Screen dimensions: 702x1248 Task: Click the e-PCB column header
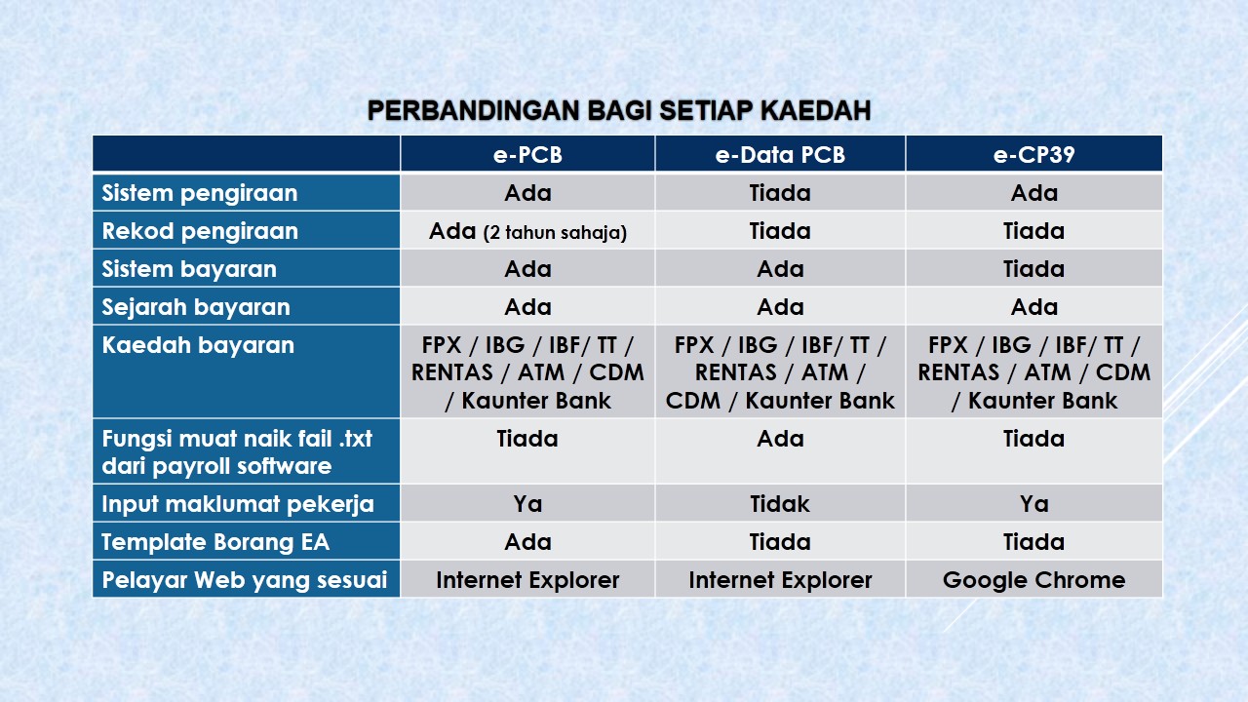pos(527,155)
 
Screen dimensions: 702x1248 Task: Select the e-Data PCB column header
pos(780,155)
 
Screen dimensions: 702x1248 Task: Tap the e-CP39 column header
pos(1033,155)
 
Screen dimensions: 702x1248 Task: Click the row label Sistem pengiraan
pos(200,193)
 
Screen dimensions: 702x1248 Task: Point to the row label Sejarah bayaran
pos(196,307)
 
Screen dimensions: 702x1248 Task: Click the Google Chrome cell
pos(1033,580)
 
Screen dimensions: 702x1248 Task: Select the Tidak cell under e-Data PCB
pos(780,504)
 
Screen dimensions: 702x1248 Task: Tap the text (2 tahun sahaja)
pos(555,233)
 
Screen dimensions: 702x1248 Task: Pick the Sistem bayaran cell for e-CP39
pos(1033,269)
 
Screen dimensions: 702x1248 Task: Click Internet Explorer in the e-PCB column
pos(527,580)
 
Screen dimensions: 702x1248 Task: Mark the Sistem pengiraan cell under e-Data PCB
pos(780,193)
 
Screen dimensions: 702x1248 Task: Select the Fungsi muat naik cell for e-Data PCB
pos(780,439)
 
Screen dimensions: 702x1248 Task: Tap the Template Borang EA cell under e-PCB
pos(527,542)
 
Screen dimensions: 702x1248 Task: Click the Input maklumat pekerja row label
pos(238,504)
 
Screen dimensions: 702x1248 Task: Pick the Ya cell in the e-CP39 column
pos(1033,504)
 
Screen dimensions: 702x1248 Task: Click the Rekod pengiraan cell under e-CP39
pos(1033,231)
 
